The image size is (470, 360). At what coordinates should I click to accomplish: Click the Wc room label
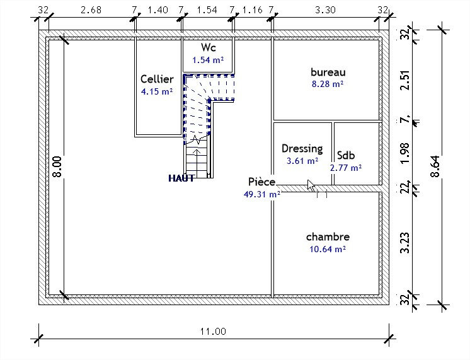pos(209,47)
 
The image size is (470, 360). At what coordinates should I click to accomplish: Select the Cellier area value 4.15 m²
pos(157,91)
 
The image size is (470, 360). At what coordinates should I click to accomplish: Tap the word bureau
pos(328,73)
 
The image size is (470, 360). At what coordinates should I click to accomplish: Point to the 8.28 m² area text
pos(328,84)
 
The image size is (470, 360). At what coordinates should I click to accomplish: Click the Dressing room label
pos(302,149)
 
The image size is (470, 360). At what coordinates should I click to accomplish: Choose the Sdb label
pos(346,155)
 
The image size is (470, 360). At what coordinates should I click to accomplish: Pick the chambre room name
pos(328,237)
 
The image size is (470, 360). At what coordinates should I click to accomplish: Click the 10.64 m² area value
pos(328,249)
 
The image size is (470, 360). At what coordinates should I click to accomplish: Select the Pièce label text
pos(261,182)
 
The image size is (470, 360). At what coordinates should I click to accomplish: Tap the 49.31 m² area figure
pos(262,194)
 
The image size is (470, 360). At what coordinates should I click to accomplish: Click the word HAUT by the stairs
pos(181,178)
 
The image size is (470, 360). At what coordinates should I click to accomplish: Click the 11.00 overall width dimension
pos(213,332)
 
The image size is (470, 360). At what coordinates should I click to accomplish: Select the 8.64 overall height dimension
pos(435,166)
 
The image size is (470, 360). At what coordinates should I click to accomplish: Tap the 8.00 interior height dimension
pos(57,166)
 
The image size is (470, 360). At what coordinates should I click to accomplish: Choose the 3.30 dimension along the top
pos(325,10)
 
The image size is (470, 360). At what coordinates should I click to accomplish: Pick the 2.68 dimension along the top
pos(91,10)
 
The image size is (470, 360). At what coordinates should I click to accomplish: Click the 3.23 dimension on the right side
pos(405,243)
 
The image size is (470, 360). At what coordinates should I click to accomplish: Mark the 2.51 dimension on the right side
pos(405,80)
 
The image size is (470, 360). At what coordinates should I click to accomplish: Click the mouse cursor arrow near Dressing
pos(311,186)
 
